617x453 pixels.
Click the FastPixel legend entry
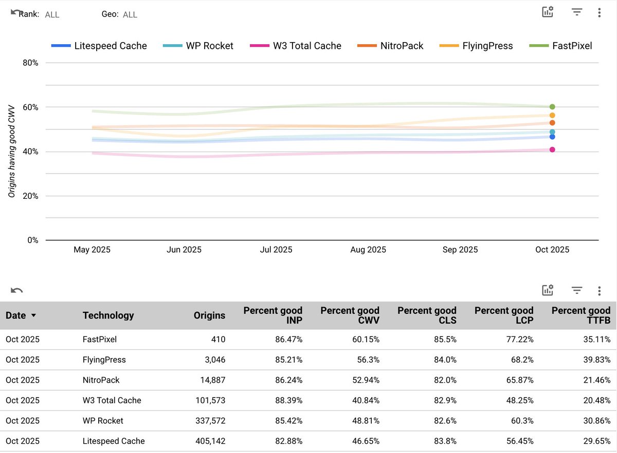(x=560, y=46)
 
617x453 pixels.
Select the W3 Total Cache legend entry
(x=296, y=46)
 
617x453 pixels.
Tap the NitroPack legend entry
(x=390, y=46)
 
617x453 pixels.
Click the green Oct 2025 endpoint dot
(x=552, y=107)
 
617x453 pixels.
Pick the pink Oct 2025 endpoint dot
(x=552, y=149)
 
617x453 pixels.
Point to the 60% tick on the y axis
(x=31, y=107)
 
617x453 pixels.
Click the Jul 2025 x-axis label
(x=276, y=250)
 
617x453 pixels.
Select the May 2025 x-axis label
(x=92, y=250)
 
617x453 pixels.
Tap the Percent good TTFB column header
(x=580, y=315)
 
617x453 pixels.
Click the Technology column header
(x=108, y=315)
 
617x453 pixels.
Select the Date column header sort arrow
(x=34, y=315)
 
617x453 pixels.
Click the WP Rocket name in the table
(x=103, y=421)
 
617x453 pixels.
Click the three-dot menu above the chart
(x=599, y=13)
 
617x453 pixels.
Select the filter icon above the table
(x=577, y=291)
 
